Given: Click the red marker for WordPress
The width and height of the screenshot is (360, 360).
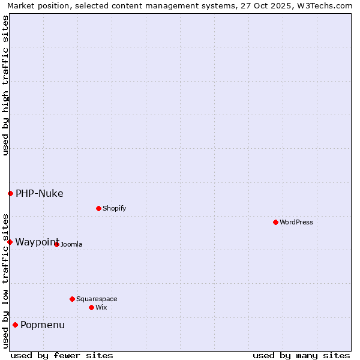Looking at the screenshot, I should (275, 222).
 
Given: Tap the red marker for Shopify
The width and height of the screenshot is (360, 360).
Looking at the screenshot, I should (98, 208).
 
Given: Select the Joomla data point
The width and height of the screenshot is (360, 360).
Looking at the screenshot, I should (56, 244).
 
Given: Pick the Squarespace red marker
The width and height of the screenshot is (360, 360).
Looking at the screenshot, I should (72, 299).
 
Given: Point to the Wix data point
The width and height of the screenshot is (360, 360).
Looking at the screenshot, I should (91, 307).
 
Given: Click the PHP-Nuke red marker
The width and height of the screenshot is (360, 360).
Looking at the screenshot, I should (10, 193).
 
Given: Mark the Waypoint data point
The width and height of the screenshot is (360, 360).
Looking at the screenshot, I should (10, 242).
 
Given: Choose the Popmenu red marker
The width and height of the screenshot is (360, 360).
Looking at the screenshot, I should (15, 325).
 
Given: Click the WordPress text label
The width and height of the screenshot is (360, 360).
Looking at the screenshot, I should (296, 222).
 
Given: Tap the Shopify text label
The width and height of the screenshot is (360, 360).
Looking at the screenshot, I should (115, 208).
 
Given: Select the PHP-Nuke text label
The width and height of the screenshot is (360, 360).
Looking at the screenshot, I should (40, 193).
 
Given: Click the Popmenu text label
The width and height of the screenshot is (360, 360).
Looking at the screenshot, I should (43, 325).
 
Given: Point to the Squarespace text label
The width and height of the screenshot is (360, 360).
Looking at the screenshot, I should (97, 299).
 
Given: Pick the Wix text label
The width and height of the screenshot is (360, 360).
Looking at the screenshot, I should (101, 307).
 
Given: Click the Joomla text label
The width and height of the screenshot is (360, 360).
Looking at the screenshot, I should (71, 244).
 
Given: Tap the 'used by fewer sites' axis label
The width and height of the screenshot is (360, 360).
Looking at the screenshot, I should (62, 355).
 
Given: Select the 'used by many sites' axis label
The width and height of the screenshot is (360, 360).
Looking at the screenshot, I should (301, 355).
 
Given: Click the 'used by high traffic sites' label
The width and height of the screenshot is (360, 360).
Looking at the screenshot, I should (5, 85).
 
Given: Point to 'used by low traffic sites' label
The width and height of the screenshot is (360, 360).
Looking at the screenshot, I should (5, 280).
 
